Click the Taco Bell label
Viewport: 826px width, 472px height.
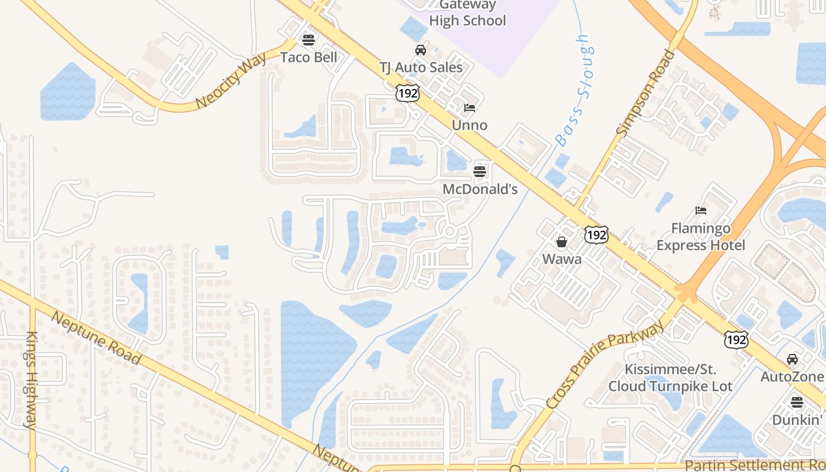(309, 57)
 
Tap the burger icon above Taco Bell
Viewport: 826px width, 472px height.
(308, 40)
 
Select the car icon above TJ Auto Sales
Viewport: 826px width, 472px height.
(421, 50)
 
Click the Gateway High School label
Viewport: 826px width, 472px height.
(467, 13)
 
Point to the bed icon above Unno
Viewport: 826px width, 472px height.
(470, 108)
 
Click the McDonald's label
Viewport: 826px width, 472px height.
(480, 189)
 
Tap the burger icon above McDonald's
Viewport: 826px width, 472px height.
(480, 172)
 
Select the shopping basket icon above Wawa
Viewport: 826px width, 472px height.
(562, 242)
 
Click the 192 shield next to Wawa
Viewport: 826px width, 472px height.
(596, 235)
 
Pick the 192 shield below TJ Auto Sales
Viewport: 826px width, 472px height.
(408, 93)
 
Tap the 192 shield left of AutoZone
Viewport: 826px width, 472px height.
(736, 339)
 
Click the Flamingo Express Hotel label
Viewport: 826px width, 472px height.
(701, 237)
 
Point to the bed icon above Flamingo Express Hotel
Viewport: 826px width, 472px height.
(701, 210)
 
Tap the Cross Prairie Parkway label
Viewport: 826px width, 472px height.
(605, 366)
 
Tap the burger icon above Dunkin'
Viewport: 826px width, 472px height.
(797, 402)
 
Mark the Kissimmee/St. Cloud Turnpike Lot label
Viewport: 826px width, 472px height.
(670, 378)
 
